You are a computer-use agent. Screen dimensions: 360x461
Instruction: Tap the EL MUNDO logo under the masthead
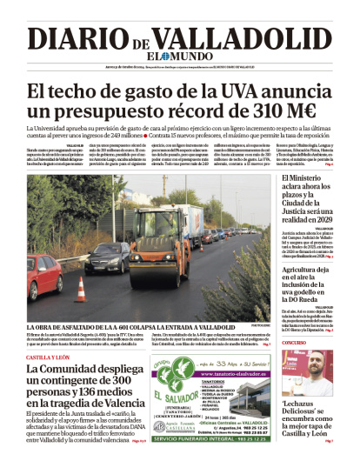179,57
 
